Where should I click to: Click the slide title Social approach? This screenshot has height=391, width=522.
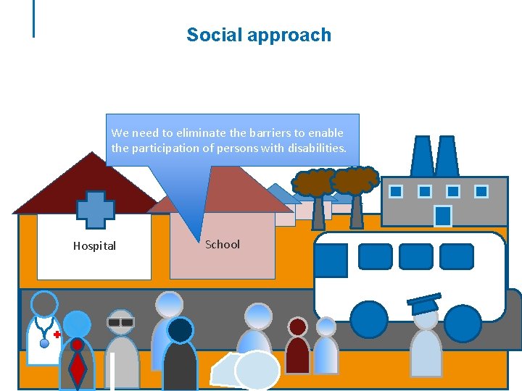(258, 35)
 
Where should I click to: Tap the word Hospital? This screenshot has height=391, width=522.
(94, 246)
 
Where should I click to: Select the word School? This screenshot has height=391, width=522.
(222, 245)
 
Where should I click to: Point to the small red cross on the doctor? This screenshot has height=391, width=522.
(57, 334)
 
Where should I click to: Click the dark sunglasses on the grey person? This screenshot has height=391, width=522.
(121, 321)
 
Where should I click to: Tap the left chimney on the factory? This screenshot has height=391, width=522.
(422, 156)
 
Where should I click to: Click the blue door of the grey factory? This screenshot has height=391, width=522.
(443, 216)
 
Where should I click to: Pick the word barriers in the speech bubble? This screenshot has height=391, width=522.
(263, 133)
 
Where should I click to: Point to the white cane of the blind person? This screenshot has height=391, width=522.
(112, 371)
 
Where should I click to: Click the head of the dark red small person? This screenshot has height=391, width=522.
(297, 327)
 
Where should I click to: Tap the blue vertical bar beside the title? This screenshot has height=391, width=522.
(33, 18)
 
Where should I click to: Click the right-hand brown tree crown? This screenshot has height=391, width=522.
(355, 180)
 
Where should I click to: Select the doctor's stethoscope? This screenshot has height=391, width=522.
(45, 334)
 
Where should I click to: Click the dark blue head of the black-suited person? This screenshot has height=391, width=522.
(180, 330)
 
